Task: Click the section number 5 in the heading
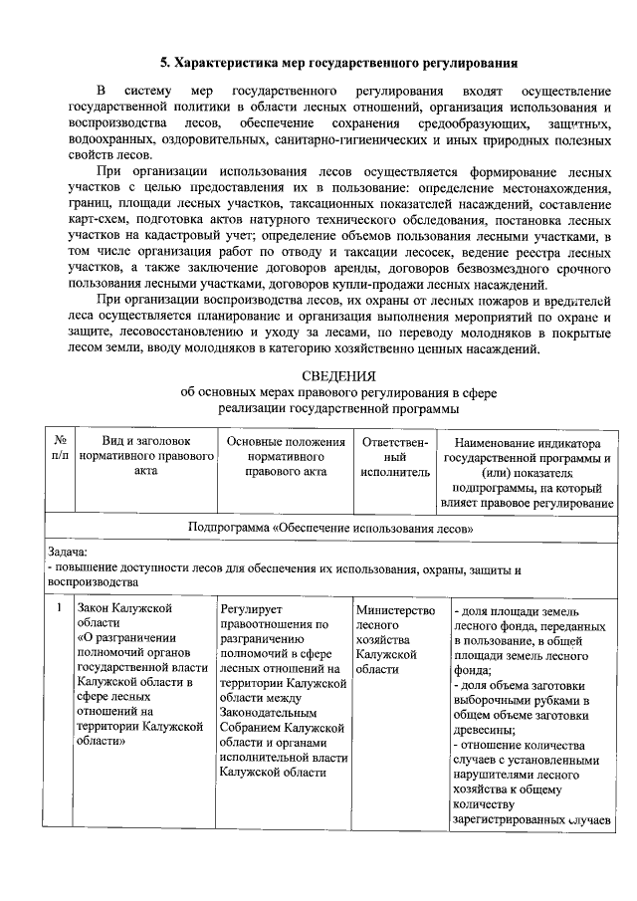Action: [166, 63]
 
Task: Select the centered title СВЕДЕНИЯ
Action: [338, 375]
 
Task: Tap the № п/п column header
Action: [60, 448]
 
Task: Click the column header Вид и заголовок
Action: [145, 440]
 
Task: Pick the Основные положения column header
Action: [286, 440]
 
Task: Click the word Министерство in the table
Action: [395, 609]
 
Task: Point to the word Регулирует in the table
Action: [253, 609]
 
